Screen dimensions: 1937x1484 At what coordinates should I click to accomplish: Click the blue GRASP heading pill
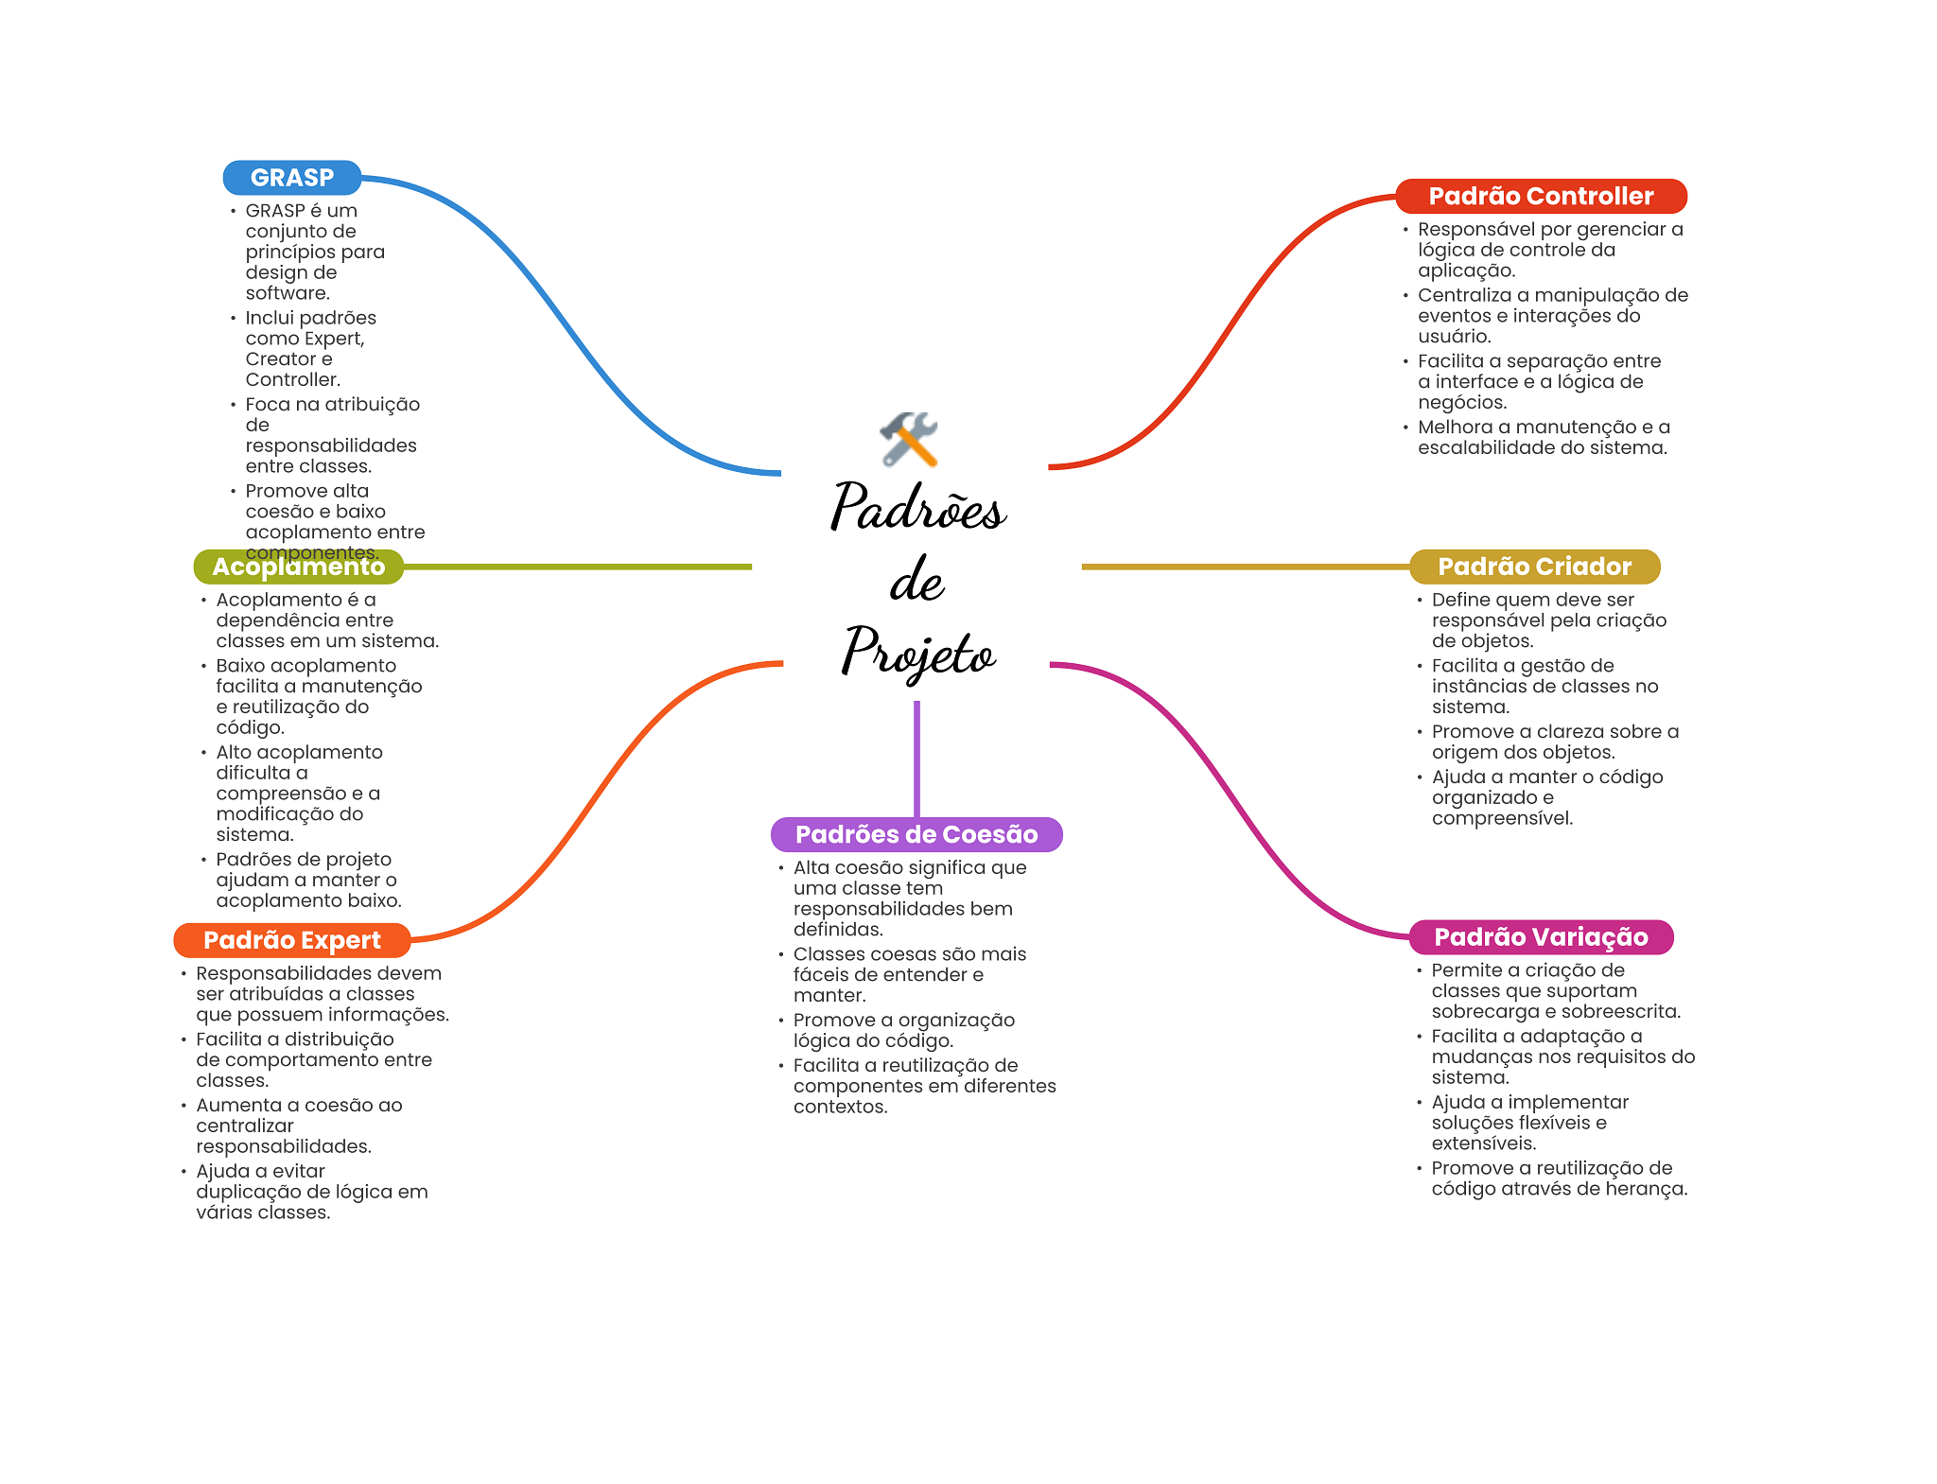291,178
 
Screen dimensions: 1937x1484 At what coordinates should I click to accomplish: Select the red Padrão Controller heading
1541,196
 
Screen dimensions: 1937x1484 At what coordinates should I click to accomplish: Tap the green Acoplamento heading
298,567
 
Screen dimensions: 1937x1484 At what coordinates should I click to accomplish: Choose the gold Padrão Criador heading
1534,567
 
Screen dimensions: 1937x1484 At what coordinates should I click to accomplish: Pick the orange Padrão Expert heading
291,940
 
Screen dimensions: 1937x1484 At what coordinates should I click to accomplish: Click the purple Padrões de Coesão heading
916,834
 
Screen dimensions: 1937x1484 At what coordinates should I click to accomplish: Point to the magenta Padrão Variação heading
1541,937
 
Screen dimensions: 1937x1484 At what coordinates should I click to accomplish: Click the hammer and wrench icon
909,439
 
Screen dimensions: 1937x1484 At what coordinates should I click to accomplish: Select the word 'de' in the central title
916,580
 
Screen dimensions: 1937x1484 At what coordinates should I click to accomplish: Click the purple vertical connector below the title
916,757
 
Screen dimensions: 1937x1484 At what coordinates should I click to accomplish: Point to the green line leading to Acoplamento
577,567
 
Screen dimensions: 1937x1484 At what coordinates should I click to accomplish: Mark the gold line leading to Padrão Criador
1244,567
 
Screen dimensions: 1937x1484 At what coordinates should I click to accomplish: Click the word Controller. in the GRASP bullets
292,380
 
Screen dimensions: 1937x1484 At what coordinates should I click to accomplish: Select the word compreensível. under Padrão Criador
1502,818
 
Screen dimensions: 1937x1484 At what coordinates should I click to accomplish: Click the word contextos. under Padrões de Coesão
840,1107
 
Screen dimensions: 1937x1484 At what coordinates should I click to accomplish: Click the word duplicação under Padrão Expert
243,1192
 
